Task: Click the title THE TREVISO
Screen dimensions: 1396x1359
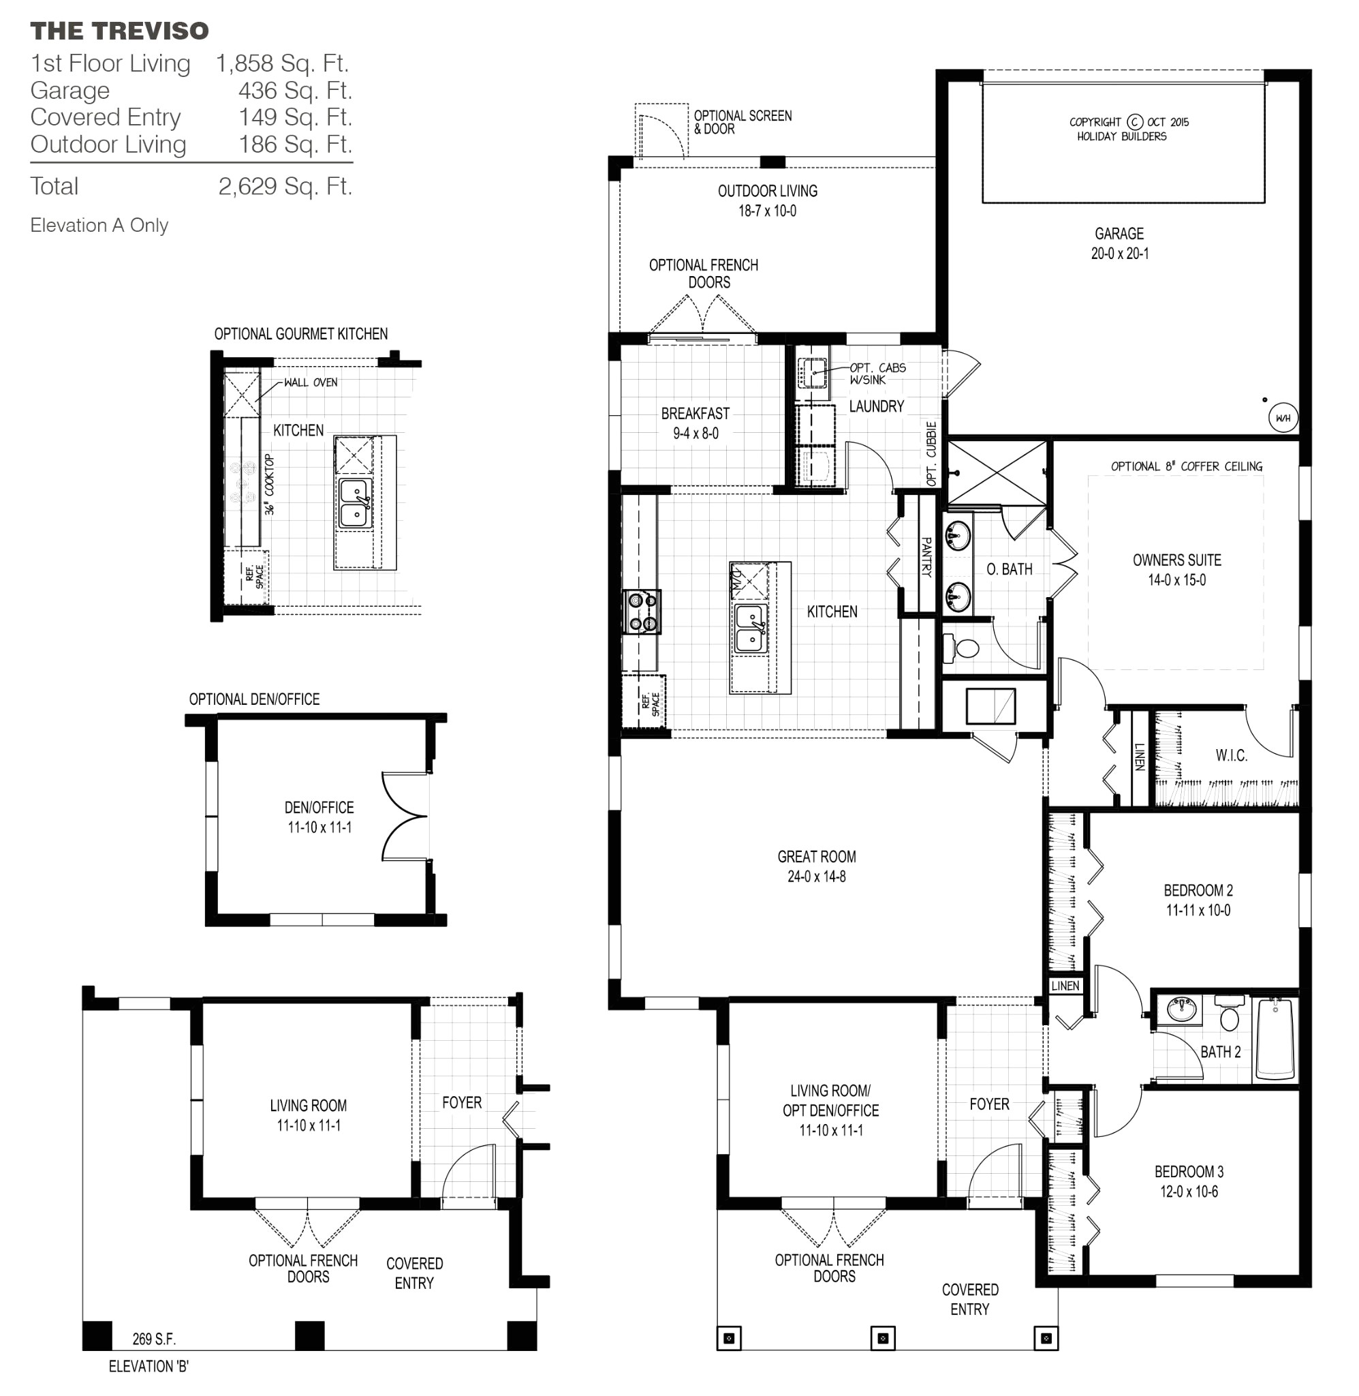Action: [x=119, y=31]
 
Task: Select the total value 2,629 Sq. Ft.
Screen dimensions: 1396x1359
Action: [x=285, y=186]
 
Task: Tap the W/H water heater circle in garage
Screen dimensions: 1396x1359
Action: [x=1283, y=419]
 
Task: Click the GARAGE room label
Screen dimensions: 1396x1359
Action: [x=1119, y=234]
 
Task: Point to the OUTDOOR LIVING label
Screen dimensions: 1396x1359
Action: [x=767, y=192]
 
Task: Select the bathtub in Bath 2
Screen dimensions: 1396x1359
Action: [x=1275, y=1040]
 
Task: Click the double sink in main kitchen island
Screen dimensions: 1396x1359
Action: [x=749, y=628]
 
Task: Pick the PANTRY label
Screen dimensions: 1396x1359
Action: [x=926, y=556]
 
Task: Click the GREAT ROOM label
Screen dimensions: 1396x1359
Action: [x=816, y=857]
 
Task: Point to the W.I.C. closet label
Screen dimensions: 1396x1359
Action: [x=1231, y=755]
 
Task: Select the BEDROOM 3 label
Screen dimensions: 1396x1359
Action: [x=1189, y=1172]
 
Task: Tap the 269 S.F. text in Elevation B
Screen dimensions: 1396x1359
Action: [x=153, y=1339]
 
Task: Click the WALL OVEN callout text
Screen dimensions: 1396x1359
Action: [x=311, y=382]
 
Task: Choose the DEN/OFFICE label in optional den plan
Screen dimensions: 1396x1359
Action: [x=318, y=808]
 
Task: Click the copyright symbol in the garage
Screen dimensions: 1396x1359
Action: [x=1134, y=122]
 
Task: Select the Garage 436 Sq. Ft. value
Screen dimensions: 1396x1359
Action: [x=295, y=91]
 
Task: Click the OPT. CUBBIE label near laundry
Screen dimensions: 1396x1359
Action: [x=931, y=454]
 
